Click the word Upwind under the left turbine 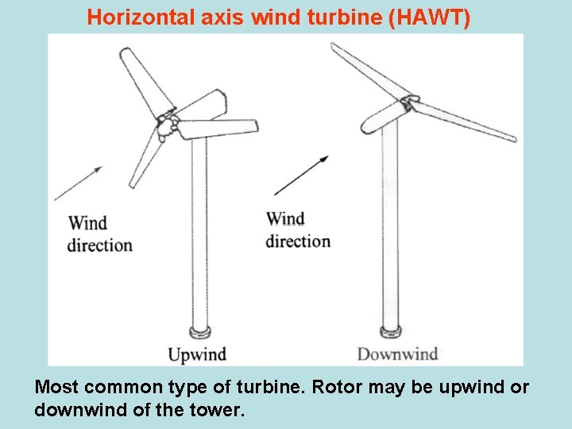point(197,354)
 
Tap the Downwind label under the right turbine point(397,354)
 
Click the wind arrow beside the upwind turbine point(78,184)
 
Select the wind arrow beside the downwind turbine point(301,176)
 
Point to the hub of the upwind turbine point(168,126)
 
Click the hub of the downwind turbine point(409,103)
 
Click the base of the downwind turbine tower point(390,330)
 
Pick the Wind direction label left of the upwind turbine point(99,234)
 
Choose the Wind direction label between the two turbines point(298,230)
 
